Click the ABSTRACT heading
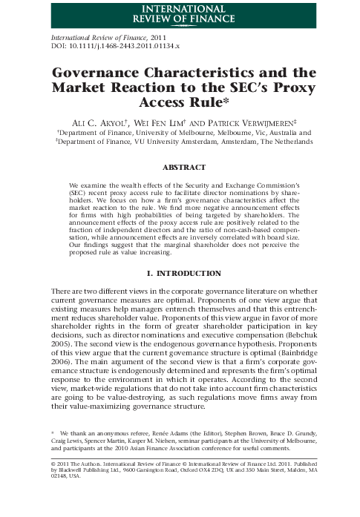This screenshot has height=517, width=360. [x=180, y=168]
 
